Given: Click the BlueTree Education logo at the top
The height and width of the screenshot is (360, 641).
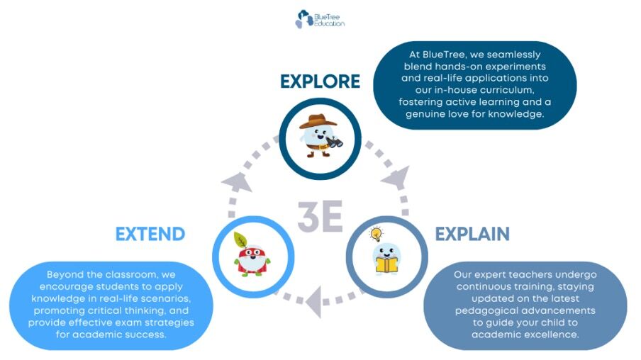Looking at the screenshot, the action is [x=320, y=19].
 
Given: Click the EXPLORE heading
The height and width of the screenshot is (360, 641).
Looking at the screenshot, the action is [x=320, y=81].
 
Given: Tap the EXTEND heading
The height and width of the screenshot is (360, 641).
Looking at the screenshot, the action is [x=150, y=234].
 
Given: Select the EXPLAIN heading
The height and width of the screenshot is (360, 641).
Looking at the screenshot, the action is [x=472, y=234].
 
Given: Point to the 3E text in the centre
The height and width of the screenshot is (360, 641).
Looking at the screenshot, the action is [x=320, y=216].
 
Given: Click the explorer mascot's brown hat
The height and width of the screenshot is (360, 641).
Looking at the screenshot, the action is [x=318, y=121].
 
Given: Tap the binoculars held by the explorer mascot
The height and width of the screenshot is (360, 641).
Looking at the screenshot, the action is [x=335, y=142].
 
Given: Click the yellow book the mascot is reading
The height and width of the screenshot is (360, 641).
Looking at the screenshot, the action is [x=386, y=265].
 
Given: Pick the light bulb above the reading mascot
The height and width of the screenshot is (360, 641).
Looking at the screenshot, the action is [x=376, y=234].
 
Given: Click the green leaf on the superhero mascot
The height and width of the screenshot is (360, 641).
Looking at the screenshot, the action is [x=240, y=240].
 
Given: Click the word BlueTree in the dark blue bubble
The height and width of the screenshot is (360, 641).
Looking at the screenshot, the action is [x=445, y=55].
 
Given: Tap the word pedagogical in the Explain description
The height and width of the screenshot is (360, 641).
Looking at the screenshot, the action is [x=484, y=310].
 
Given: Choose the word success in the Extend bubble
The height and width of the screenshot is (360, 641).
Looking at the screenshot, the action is [x=145, y=334].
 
